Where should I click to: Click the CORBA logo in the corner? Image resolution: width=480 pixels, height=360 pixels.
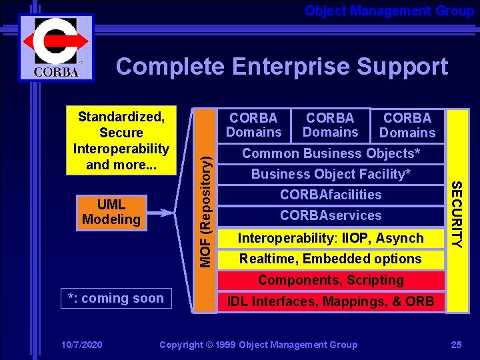55,48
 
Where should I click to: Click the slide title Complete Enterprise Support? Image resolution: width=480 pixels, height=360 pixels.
281,67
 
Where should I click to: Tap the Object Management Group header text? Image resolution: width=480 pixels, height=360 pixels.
389,11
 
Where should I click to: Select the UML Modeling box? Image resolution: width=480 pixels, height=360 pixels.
111,212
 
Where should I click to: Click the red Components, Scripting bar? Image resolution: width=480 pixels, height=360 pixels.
331,281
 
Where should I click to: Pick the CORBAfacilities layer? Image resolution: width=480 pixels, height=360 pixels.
331,195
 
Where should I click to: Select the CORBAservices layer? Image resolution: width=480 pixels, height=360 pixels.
331,215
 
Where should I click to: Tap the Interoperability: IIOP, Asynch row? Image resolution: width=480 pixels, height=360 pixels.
331,238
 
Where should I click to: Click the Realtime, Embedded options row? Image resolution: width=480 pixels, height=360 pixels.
331,259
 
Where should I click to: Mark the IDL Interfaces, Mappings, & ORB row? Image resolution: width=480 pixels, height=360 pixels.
331,302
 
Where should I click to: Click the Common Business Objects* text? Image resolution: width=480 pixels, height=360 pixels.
331,153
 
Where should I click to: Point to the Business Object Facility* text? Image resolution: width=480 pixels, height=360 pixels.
331,174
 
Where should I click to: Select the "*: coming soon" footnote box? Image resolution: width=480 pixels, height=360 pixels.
116,299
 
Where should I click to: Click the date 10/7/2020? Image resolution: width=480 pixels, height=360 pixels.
81,345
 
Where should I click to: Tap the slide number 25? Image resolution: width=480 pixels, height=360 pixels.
456,345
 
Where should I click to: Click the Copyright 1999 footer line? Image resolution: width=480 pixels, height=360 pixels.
259,345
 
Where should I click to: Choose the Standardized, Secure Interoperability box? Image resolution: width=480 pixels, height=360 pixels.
121,141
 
